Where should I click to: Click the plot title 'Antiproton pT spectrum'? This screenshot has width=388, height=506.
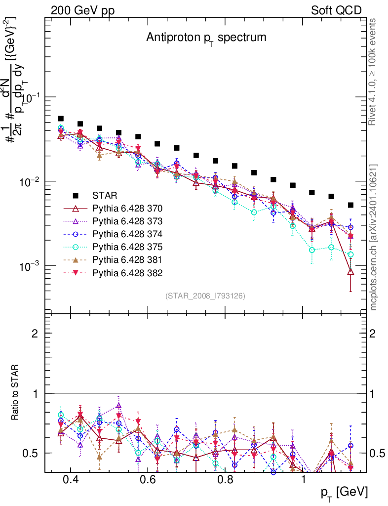tap(206, 38)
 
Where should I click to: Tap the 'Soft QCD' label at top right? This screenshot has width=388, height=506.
tap(336, 10)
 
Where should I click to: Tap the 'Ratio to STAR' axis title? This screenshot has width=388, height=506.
tap(15, 393)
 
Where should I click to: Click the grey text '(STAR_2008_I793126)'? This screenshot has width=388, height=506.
tap(205, 295)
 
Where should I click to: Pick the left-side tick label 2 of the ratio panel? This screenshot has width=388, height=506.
tap(36, 334)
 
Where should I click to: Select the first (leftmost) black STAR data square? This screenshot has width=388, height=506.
tap(61, 119)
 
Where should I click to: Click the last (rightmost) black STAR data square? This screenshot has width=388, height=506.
tap(350, 205)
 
